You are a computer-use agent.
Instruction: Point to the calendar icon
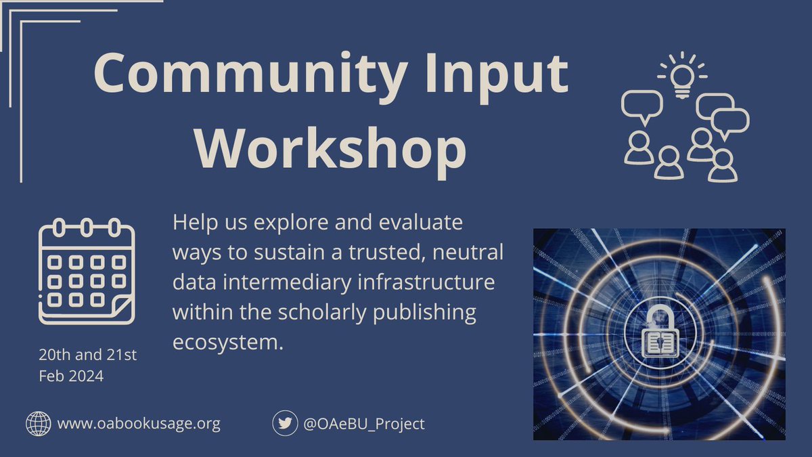87,271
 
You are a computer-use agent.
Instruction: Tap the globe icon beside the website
39,424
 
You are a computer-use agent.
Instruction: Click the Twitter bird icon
286,424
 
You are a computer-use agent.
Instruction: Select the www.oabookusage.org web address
139,425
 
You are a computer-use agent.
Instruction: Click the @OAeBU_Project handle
364,425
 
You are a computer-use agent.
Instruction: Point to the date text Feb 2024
71,376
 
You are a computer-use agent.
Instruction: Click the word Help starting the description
193,222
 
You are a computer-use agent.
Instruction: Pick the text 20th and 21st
88,355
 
